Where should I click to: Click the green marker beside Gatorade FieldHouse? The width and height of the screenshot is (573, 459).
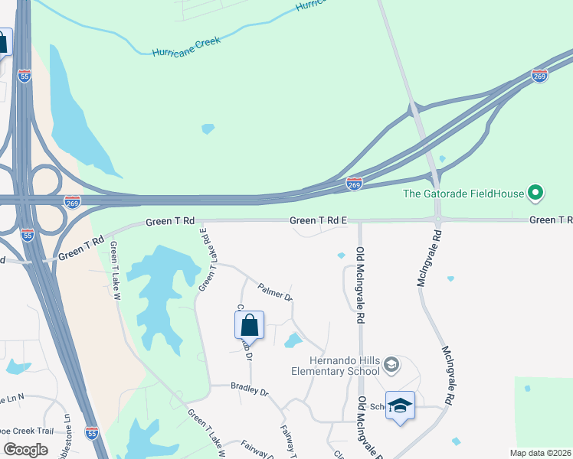[x=535, y=193]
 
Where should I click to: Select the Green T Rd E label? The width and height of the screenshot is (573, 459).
[x=319, y=220]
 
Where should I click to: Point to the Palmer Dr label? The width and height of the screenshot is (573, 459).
[x=275, y=291]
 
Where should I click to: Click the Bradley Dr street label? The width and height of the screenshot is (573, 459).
[x=250, y=390]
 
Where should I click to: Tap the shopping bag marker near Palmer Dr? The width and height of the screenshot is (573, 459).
[x=249, y=326]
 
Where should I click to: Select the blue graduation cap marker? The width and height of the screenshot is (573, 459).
[x=399, y=405]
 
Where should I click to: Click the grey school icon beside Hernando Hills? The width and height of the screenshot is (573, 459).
[x=391, y=365]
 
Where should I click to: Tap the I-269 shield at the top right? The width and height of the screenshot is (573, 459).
[x=539, y=76]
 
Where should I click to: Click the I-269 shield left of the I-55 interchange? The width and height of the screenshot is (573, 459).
[x=72, y=201]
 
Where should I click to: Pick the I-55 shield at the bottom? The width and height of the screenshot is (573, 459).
[x=91, y=433]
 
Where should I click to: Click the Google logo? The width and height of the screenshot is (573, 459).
[x=26, y=450]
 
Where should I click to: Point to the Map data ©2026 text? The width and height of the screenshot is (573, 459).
[x=541, y=453]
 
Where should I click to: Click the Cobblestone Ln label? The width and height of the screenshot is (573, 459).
[x=67, y=436]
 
